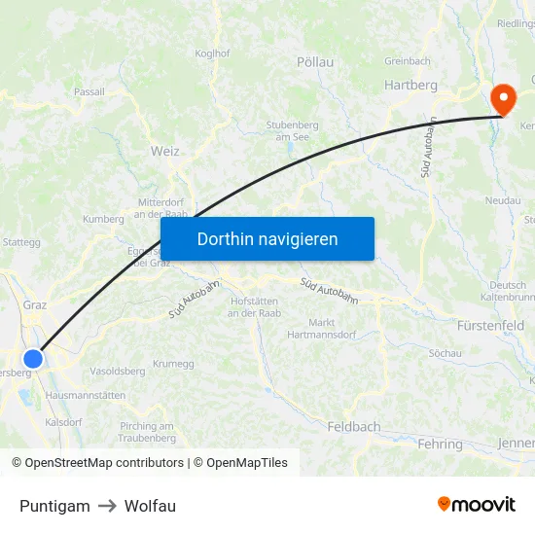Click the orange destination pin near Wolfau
click(x=503, y=98)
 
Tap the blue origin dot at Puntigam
click(x=33, y=359)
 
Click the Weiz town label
click(x=165, y=151)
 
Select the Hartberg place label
click(x=410, y=85)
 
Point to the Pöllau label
click(x=314, y=61)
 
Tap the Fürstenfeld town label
click(x=490, y=325)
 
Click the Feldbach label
click(x=354, y=426)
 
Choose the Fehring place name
click(x=440, y=444)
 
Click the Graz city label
click(x=34, y=304)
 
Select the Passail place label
click(x=89, y=91)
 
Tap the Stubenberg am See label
click(x=293, y=130)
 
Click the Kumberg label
click(x=104, y=219)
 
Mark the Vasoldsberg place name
click(x=117, y=371)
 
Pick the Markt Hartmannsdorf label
click(x=321, y=329)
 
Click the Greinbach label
click(x=407, y=60)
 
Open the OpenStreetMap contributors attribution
click(x=97, y=463)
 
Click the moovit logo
click(x=476, y=504)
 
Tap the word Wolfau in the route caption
click(x=150, y=506)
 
